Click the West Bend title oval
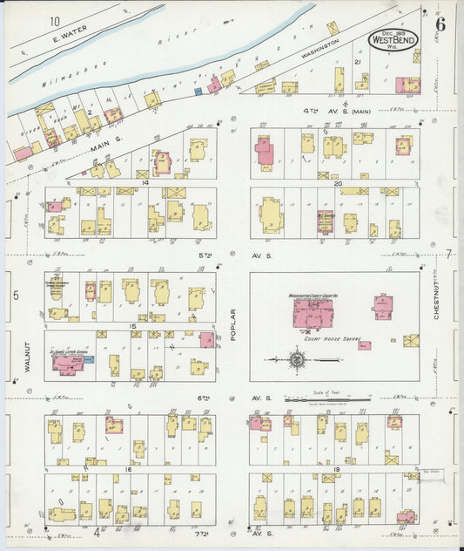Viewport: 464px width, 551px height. point(393,38)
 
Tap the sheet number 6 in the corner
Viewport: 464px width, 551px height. point(441,24)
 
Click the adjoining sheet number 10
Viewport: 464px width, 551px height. point(55,21)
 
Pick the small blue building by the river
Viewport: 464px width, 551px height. point(198,91)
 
